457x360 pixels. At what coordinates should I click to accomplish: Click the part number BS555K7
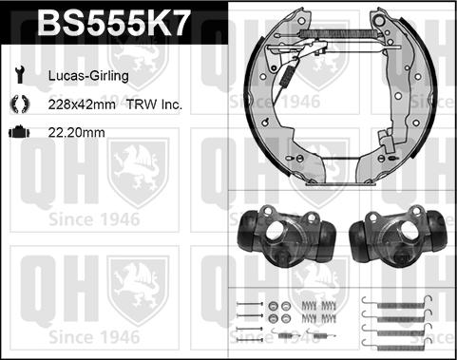tap(114, 23)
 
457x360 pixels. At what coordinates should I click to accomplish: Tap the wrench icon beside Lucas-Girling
tap(20, 75)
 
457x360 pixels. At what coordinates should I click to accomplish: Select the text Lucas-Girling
tap(88, 76)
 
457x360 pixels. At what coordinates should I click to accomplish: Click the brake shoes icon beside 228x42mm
tap(20, 104)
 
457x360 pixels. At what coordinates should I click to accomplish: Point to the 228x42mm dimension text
tap(82, 104)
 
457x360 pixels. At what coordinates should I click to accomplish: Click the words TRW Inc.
tap(154, 104)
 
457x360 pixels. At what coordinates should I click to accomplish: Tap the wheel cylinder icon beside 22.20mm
tap(19, 132)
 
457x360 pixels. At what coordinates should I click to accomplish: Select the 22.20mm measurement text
tap(76, 132)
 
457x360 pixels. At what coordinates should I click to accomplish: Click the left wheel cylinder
tap(287, 235)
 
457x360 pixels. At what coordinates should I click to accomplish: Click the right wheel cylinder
tap(399, 235)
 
